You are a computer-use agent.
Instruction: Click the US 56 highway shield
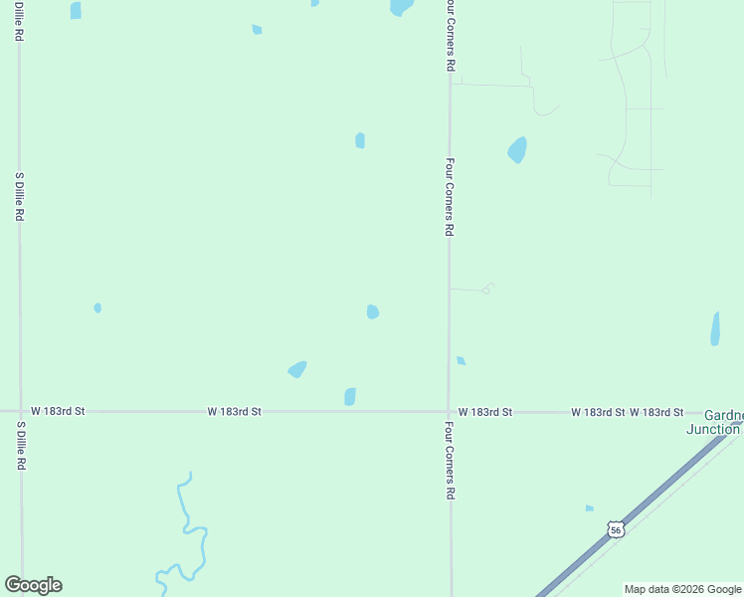click(617, 530)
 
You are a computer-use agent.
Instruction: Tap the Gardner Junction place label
click(714, 422)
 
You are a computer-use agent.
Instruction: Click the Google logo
click(33, 585)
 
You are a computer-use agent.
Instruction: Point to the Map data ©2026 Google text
click(682, 589)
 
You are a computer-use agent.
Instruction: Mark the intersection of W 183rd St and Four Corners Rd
click(449, 411)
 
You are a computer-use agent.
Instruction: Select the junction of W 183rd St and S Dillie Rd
click(20, 411)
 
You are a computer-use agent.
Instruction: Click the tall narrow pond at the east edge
click(715, 328)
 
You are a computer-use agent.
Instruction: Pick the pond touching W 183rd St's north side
click(350, 397)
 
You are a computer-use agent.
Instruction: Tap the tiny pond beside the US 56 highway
click(590, 508)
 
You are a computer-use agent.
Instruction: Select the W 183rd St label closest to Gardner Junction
click(656, 412)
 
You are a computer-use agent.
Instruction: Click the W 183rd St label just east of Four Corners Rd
click(485, 412)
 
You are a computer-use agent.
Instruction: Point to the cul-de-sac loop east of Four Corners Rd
click(488, 289)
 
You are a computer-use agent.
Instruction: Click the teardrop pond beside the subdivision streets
click(517, 150)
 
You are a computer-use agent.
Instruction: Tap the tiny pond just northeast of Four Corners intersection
click(461, 360)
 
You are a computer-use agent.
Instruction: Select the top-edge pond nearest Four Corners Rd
click(401, 6)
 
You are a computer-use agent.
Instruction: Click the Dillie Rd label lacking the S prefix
click(20, 20)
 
